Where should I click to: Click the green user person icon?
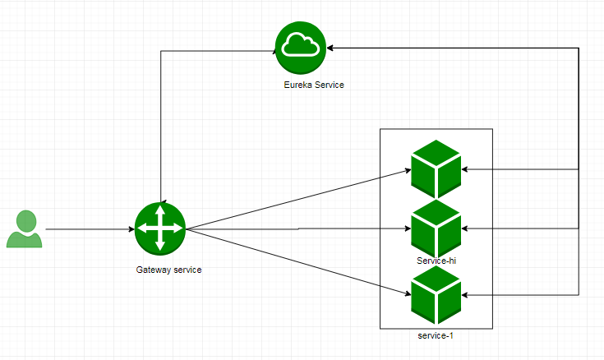click(x=24, y=229)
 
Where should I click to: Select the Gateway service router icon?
click(x=160, y=228)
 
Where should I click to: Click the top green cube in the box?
click(x=436, y=166)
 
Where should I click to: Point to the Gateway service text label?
click(x=168, y=270)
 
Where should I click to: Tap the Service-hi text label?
click(x=436, y=260)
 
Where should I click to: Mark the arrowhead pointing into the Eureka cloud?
click(x=332, y=48)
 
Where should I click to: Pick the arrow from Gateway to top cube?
click(x=296, y=200)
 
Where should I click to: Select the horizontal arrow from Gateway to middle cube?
click(x=296, y=228)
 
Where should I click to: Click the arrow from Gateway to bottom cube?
click(x=296, y=258)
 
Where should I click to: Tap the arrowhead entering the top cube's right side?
click(x=466, y=169)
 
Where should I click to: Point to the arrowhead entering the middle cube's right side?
click(x=466, y=228)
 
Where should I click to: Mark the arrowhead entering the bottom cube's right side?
click(x=466, y=294)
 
